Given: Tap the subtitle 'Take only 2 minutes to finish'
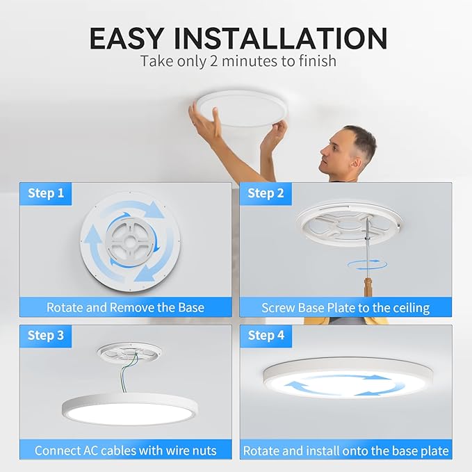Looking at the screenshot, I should [x=238, y=61].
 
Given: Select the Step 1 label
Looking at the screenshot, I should [x=46, y=193].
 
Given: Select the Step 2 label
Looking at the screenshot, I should [x=266, y=193].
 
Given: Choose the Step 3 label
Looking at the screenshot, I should [x=46, y=336].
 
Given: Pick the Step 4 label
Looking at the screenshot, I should [x=266, y=336].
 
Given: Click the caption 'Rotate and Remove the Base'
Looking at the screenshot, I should [x=125, y=307].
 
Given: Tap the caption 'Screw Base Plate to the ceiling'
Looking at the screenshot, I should [x=345, y=307].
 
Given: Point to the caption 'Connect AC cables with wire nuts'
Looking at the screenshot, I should [x=125, y=450].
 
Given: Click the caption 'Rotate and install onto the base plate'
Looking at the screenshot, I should [x=345, y=450].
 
